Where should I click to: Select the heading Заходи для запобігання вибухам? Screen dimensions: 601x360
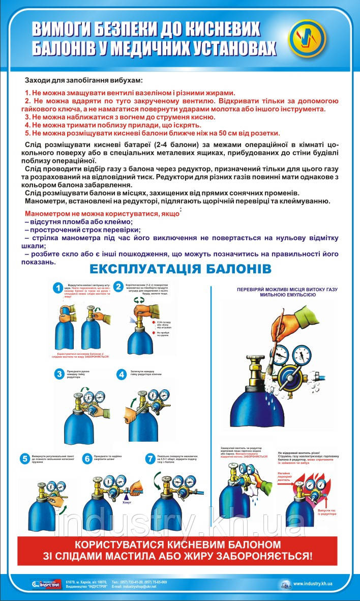pyautogui.click(x=83, y=80)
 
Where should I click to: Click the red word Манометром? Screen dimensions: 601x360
pyautogui.click(x=50, y=214)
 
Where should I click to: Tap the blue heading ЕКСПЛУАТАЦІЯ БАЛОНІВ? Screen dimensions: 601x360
pyautogui.click(x=180, y=268)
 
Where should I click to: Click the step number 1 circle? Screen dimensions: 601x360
pyautogui.click(x=59, y=288)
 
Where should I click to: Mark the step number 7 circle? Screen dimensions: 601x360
pyautogui.click(x=149, y=459)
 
